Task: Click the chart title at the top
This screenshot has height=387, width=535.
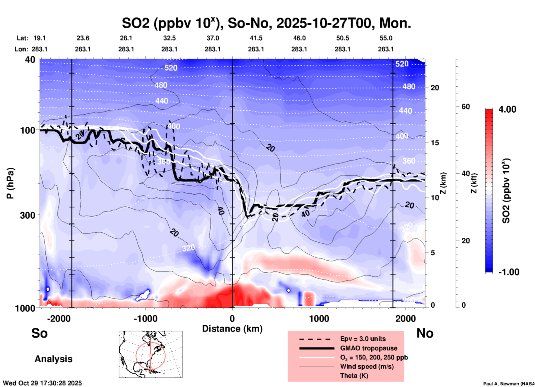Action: pos(266,23)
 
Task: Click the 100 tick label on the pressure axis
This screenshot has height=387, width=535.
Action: pos(28,130)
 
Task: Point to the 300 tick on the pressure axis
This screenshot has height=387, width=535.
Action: pos(28,215)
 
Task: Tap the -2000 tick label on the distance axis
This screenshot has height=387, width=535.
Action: pos(59,319)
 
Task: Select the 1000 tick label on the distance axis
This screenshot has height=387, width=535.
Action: pos(319,319)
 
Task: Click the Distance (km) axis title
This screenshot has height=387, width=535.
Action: pos(232,329)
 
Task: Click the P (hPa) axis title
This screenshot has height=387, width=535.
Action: pos(10,183)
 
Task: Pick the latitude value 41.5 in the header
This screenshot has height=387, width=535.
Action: pos(256,38)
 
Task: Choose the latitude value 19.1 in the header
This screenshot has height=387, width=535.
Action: pos(39,38)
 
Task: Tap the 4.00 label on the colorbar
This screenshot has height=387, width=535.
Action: pos(507,109)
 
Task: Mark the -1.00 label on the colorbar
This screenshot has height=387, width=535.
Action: pos(509,272)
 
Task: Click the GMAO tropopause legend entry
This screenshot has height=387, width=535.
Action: pos(369,348)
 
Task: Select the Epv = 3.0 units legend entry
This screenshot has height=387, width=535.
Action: pos(363,339)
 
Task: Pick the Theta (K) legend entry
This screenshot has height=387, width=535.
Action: pos(354,376)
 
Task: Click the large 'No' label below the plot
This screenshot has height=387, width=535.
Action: pos(425,333)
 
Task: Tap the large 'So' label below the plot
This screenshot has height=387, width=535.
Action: pos(39,333)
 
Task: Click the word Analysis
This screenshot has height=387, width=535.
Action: pos(53,359)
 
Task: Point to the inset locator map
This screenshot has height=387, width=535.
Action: pos(151,354)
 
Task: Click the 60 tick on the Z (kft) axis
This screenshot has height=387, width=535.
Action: pos(466,107)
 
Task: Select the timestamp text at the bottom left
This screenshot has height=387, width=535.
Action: pos(42,383)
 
